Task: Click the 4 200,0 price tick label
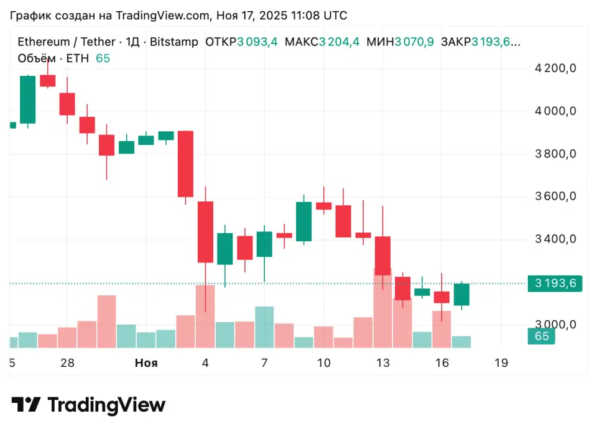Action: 556,68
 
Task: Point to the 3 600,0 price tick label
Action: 556,196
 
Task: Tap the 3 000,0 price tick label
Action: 556,325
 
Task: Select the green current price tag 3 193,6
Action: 555,284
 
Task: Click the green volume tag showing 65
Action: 542,336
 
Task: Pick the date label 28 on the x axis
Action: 68,363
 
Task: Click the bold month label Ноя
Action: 146,363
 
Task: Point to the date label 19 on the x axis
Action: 501,363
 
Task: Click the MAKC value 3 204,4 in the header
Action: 339,42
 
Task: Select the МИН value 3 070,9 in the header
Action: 415,42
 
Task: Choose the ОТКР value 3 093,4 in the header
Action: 257,42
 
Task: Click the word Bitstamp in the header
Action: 174,42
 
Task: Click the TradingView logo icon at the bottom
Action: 26,405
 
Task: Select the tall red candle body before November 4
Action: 185,164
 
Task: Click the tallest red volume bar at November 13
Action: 382,308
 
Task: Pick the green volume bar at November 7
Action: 264,326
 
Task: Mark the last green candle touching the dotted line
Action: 461,294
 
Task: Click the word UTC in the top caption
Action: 336,15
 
